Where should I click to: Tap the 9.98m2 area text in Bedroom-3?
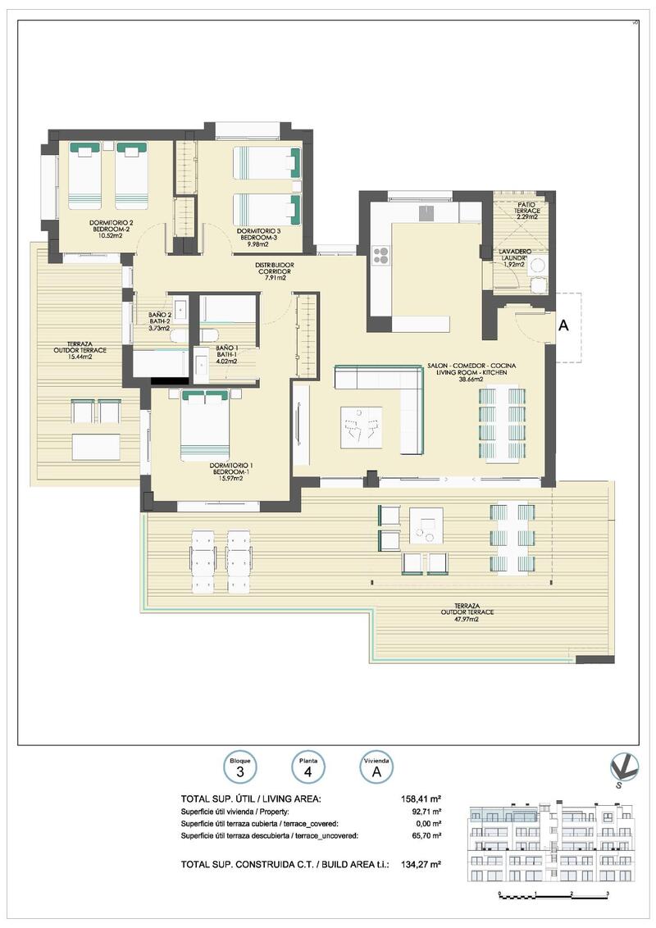[258, 243]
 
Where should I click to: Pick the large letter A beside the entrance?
[563, 325]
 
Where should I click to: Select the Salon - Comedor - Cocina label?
[471, 371]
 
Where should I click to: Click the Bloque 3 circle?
[240, 767]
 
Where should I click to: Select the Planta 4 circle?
[308, 767]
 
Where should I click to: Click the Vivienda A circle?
[376, 767]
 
